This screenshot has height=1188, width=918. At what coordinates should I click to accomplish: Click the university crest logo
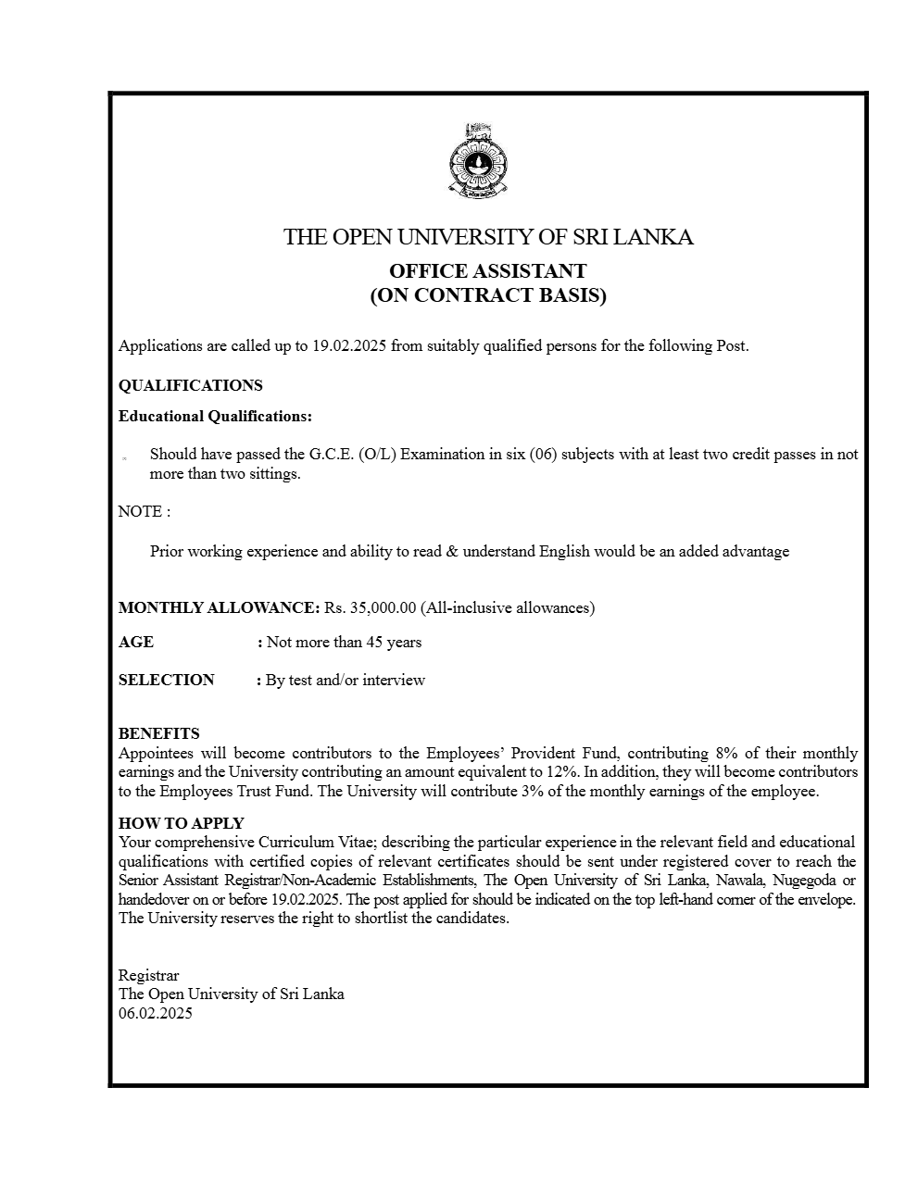click(x=478, y=163)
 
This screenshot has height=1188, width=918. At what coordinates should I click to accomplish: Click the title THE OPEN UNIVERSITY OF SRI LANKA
click(x=488, y=237)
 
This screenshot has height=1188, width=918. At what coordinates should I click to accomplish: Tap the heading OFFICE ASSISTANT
click(x=487, y=271)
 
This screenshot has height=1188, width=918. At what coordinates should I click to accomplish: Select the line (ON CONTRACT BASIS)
click(x=487, y=296)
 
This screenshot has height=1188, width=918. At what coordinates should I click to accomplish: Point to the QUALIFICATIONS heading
click(x=190, y=386)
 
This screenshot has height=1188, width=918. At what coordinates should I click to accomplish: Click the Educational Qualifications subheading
click(x=215, y=417)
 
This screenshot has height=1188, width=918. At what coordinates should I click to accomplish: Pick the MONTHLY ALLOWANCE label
click(x=219, y=608)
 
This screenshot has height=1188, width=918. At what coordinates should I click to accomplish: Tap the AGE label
click(x=136, y=643)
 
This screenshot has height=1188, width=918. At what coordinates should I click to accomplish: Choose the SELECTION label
click(x=166, y=681)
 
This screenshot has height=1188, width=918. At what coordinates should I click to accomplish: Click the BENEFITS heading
click(x=158, y=734)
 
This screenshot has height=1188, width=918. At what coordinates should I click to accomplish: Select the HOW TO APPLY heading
click(x=181, y=823)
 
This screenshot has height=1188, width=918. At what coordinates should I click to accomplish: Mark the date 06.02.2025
click(x=155, y=1014)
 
